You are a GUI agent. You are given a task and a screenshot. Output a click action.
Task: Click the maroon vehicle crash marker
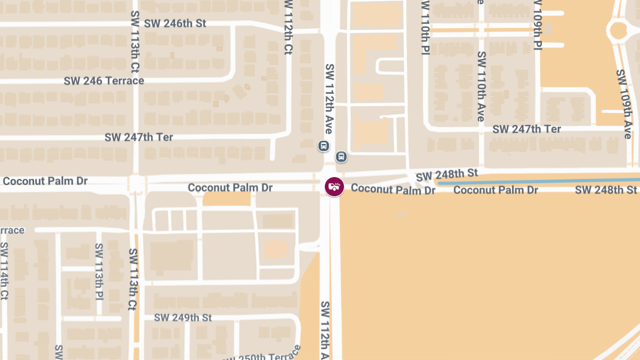click(334, 187)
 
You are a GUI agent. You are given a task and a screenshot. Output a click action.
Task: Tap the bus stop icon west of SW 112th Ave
click(323, 146)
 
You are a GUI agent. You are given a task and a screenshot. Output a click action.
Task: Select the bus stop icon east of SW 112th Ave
click(341, 157)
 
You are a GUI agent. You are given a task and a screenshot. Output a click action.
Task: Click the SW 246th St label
click(175, 24)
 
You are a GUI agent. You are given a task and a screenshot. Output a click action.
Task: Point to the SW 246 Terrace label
click(104, 81)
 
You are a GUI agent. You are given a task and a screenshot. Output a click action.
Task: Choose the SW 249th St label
click(183, 318)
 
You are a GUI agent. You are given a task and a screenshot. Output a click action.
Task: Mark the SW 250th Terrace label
click(261, 354)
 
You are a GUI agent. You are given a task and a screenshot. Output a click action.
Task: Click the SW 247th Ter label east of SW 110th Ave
click(526, 130)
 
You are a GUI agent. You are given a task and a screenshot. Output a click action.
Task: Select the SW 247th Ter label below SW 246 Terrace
click(139, 137)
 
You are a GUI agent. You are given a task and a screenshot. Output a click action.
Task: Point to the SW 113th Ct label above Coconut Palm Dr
click(135, 43)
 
